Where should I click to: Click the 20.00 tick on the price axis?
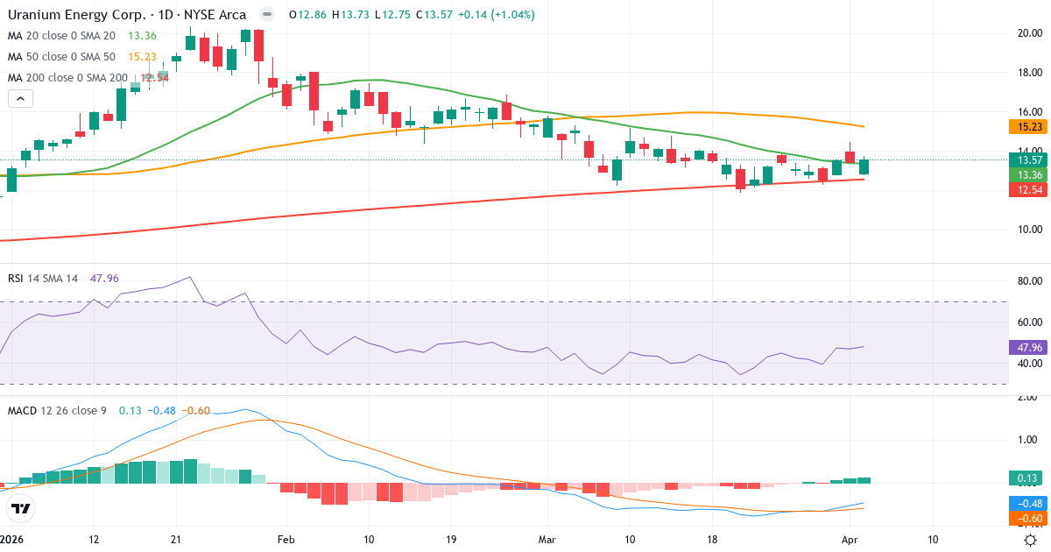point(1028,33)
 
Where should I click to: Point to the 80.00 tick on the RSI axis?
point(1028,281)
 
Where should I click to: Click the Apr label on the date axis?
point(850,540)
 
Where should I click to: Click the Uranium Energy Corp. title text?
point(74,15)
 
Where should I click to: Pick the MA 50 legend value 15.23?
point(143,56)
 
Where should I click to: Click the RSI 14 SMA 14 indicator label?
point(43,278)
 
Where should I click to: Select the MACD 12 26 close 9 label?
point(57,410)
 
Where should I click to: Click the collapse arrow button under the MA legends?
point(20,99)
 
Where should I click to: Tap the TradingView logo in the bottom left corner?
point(20,508)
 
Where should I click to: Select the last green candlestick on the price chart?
point(864,166)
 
